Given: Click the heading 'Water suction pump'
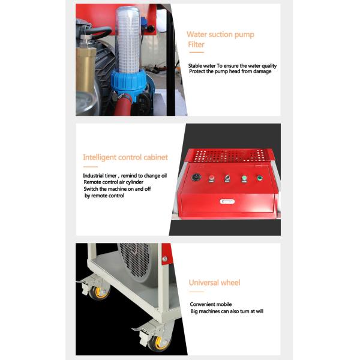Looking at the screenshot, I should pos(220,35).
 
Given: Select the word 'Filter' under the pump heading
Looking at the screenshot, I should pos(196,45).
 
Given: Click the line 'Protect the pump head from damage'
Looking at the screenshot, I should pos(230,71).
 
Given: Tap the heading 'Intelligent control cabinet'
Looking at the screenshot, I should pos(125,158).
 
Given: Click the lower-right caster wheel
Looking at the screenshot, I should pos(159,343).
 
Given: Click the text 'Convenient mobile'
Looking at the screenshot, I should pos(211,304).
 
